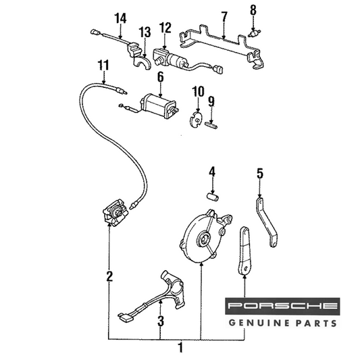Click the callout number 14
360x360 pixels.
point(120,19)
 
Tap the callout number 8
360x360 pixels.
point(253,10)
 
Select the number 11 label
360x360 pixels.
point(103,66)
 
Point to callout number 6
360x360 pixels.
point(161,77)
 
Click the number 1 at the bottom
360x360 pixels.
point(181,347)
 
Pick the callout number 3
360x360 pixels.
point(161,321)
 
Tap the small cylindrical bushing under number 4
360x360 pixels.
point(213,197)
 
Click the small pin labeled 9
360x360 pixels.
point(211,126)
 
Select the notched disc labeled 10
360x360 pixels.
point(195,119)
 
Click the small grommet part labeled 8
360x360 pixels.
point(255,34)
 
